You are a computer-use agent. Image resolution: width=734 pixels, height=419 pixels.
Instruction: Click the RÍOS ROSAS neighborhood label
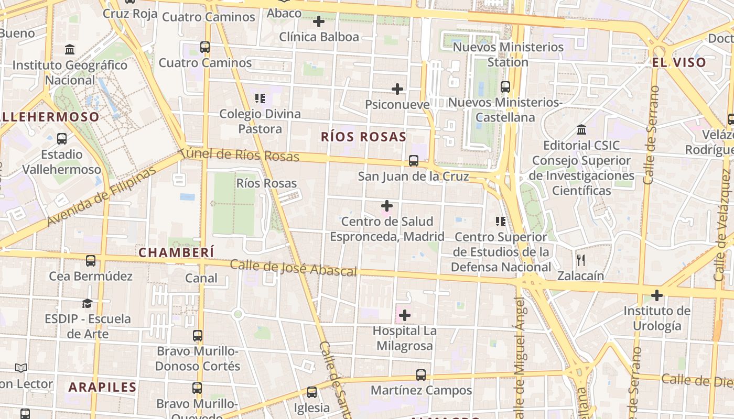[363, 137]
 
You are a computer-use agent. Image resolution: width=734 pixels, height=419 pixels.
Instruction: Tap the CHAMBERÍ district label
[176, 252]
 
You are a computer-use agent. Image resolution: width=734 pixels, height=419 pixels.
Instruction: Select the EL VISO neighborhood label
[679, 62]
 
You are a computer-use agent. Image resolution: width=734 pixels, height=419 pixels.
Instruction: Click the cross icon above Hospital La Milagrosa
[404, 315]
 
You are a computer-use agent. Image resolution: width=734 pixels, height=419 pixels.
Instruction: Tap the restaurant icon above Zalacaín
[580, 260]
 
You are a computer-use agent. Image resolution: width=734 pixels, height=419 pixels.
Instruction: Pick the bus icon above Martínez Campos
[421, 375]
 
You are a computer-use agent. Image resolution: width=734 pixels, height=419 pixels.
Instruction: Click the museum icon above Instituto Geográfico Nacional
[70, 50]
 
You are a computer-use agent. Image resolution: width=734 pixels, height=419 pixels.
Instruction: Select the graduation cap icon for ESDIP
[87, 303]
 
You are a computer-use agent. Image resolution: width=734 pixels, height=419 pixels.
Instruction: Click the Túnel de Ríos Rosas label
[239, 155]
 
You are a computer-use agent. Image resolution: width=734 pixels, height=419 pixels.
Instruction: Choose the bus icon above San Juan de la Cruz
[414, 161]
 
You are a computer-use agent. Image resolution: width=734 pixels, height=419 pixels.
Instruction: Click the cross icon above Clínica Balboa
[318, 21]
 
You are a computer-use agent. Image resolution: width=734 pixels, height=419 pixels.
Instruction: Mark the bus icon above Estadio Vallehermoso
[62, 139]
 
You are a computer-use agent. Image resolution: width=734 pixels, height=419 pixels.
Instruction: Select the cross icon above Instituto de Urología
[656, 295]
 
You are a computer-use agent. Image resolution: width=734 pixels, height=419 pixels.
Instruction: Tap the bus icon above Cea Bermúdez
[91, 260]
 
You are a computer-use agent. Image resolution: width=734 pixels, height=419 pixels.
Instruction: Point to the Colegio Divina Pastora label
[260, 121]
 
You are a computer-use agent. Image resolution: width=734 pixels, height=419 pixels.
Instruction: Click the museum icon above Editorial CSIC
[581, 129]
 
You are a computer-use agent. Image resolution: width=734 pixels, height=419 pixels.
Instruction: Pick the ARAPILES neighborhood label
[102, 387]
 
